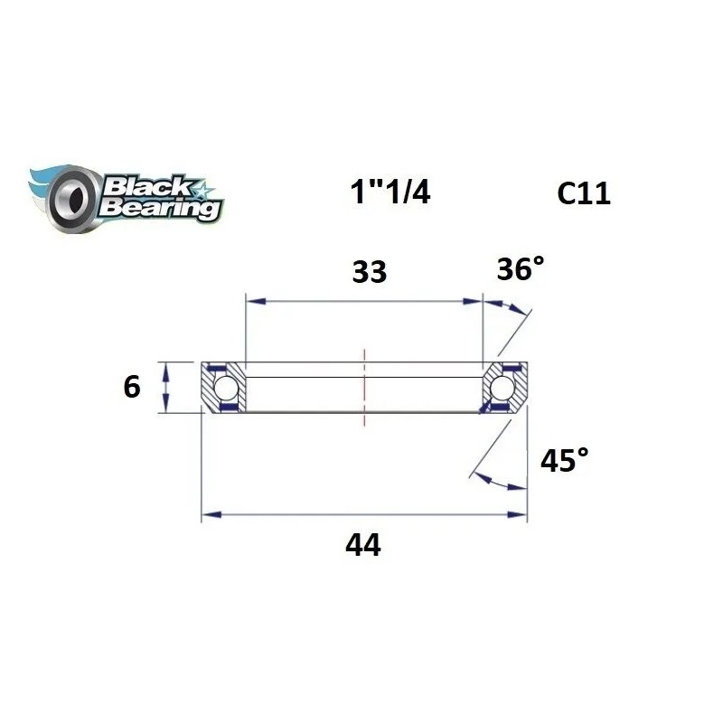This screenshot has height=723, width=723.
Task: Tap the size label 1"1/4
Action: click(390, 192)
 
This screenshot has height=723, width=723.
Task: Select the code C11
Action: click(584, 193)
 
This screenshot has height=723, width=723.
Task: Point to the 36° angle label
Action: click(521, 268)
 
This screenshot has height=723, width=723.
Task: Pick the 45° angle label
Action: click(563, 462)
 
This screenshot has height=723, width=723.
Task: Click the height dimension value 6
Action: click(132, 388)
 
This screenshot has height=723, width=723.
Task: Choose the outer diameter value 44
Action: click(363, 545)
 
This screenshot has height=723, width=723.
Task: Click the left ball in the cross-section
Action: click(226, 388)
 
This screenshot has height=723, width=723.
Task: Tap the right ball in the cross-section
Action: click(502, 388)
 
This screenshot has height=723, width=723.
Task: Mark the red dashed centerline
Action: click(364, 387)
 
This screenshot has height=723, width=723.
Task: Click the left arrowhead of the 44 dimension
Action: click(208, 515)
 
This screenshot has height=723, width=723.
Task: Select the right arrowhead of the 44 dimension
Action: click(520, 515)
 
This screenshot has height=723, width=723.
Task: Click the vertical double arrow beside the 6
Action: click(164, 387)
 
